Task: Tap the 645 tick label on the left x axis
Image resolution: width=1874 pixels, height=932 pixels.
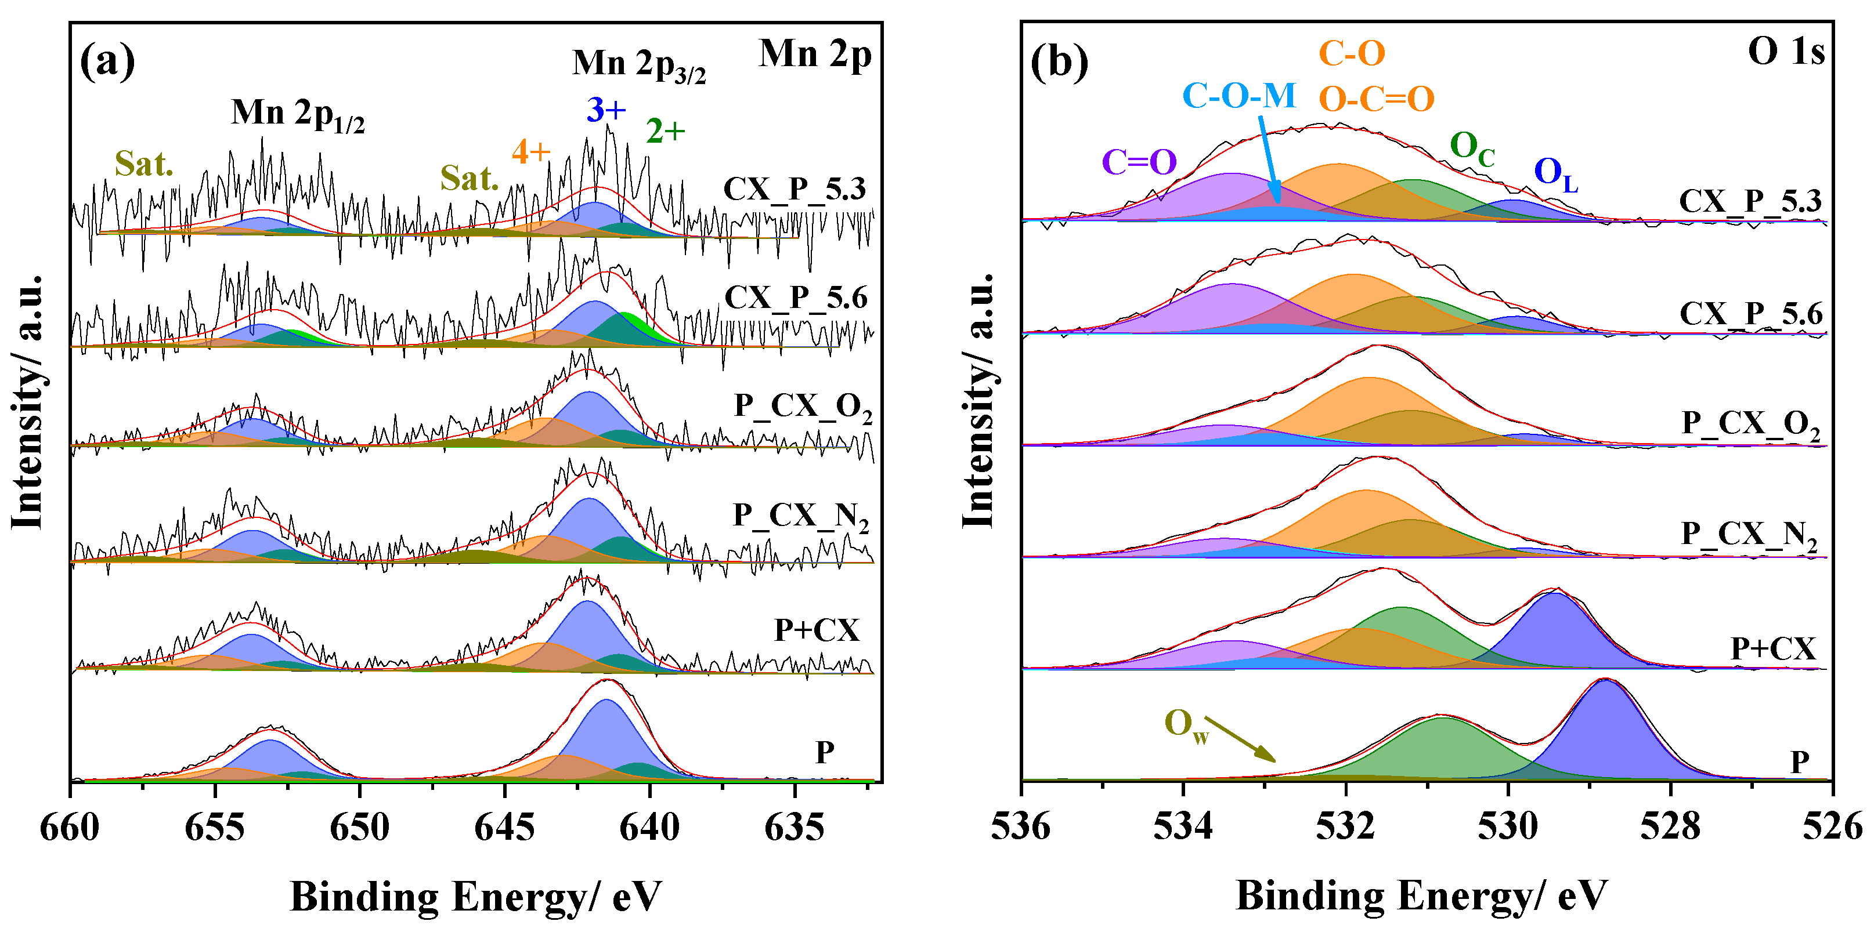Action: point(504,827)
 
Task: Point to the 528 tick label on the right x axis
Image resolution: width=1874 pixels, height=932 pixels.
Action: point(1670,827)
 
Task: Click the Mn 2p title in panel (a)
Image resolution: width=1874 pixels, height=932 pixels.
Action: point(814,54)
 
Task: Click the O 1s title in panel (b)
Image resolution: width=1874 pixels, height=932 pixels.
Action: point(1786,52)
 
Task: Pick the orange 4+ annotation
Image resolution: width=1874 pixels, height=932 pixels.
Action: point(531,152)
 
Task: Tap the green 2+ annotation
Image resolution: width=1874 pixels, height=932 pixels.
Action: point(666,132)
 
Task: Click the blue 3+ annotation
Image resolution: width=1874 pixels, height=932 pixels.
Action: point(606,110)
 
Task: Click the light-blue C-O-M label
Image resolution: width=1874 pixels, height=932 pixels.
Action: point(1239,96)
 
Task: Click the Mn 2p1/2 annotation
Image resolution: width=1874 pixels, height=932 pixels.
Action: point(298,114)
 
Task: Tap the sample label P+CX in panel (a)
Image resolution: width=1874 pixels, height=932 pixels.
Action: point(816,630)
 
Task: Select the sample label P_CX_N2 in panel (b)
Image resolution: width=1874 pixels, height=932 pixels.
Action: point(1749,536)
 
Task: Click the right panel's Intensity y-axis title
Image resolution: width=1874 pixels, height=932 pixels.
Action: point(978,401)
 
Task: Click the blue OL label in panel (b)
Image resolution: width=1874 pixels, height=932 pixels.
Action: point(1555,174)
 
